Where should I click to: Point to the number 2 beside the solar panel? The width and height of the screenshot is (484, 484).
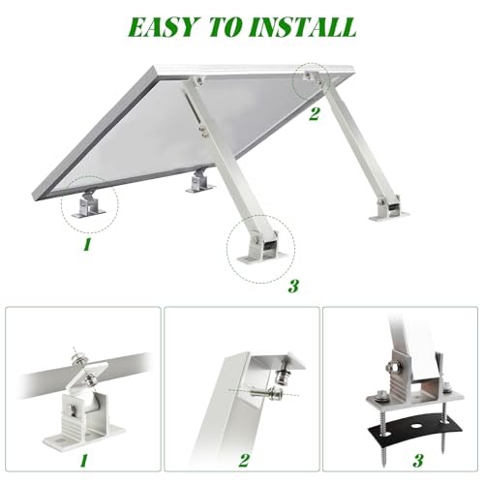313,113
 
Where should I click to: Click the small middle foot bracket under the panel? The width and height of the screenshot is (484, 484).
200,180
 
